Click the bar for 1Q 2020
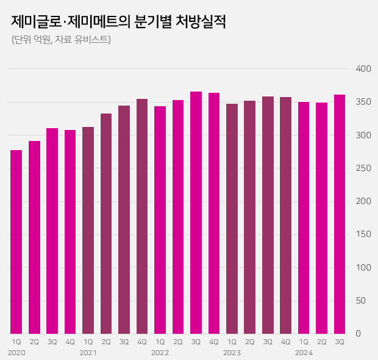[16, 241]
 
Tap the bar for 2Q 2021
[106, 223]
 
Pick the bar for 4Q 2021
[142, 216]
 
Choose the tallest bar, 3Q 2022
[196, 212]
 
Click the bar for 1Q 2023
[232, 218]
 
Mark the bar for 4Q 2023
[285, 215]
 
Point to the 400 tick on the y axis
[363, 69]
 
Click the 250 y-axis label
[363, 168]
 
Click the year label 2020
[16, 353]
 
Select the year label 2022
[160, 353]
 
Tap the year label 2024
[304, 353]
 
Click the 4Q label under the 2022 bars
[214, 342]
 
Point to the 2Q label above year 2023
[250, 342]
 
